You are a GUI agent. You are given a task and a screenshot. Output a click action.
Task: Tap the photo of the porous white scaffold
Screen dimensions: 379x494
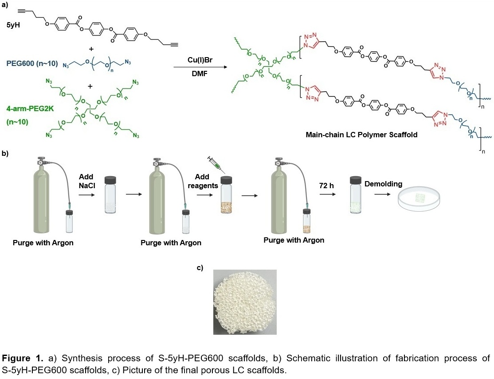245,302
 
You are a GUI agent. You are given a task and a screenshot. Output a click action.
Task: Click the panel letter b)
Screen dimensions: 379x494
6,153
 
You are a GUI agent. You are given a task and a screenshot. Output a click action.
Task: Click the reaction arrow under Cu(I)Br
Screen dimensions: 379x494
200,67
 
